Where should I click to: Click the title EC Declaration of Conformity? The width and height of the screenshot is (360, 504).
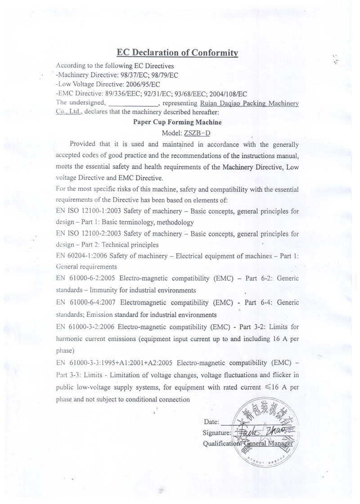(177, 52)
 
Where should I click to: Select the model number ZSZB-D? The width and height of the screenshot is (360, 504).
(197, 133)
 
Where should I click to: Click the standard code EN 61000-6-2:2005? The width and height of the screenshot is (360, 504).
(86, 279)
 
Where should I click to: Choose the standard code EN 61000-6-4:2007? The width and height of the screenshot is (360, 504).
(86, 303)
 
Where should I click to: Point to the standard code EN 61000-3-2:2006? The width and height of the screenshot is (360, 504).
(86, 327)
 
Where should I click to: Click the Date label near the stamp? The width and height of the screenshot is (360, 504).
(211, 422)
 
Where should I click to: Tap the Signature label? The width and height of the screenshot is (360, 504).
(217, 433)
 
